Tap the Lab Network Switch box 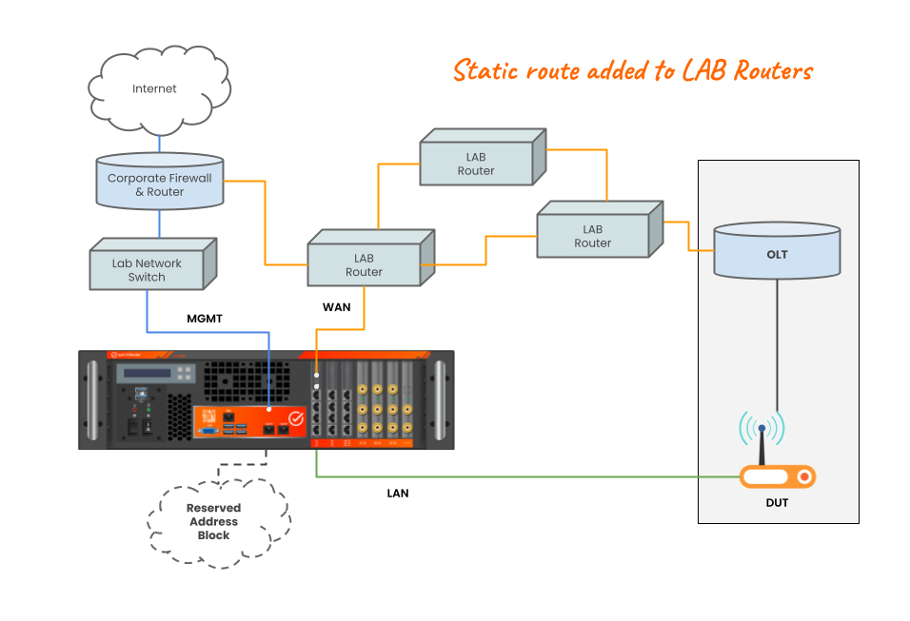point(148,269)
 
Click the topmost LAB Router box point(477,164)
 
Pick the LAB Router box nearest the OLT point(593,235)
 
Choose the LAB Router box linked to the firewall point(365,263)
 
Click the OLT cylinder point(777,252)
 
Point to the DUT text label point(777,503)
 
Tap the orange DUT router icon point(777,476)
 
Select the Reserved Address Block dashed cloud point(216,522)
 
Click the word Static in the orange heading point(485,70)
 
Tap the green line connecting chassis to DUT point(524,476)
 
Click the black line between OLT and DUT point(777,342)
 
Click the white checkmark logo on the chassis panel point(296,417)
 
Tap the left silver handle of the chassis point(92,399)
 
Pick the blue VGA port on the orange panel point(205,431)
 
